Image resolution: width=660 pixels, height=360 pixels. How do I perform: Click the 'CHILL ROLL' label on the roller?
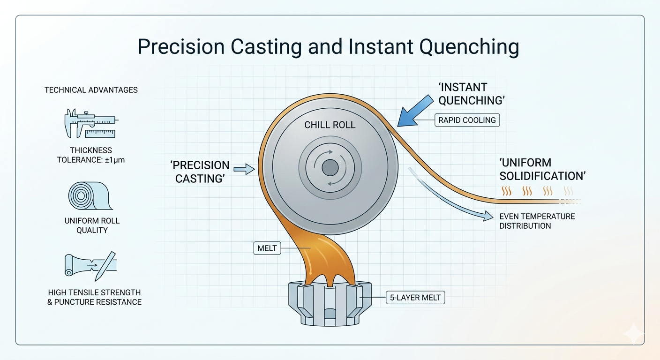pyautogui.click(x=330, y=125)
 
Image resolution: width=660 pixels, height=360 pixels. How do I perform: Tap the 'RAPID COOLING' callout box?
pyautogui.click(x=467, y=120)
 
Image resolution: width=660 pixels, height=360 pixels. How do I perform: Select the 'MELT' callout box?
pyautogui.click(x=267, y=248)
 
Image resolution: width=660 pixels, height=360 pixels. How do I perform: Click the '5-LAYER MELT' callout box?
pyautogui.click(x=415, y=297)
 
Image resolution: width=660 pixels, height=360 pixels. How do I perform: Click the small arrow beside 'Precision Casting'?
pyautogui.click(x=243, y=170)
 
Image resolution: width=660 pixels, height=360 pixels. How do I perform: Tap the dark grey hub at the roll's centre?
pyautogui.click(x=330, y=167)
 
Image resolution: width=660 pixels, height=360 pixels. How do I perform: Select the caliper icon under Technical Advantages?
pyautogui.click(x=90, y=123)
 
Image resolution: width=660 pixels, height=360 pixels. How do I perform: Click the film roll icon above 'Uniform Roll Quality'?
pyautogui.click(x=89, y=195)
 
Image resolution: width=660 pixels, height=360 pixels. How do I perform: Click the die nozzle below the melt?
pyautogui.click(x=330, y=302)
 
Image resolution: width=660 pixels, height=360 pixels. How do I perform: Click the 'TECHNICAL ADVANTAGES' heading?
pyautogui.click(x=91, y=90)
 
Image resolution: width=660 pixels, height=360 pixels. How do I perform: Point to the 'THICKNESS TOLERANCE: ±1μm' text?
pyautogui.click(x=91, y=155)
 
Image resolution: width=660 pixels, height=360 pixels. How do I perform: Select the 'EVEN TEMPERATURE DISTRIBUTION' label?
pyautogui.click(x=537, y=221)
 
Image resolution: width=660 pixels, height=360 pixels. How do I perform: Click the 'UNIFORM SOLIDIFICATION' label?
pyautogui.click(x=543, y=169)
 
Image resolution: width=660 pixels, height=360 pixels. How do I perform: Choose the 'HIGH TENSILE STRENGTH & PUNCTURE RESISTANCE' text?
pyautogui.click(x=94, y=297)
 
